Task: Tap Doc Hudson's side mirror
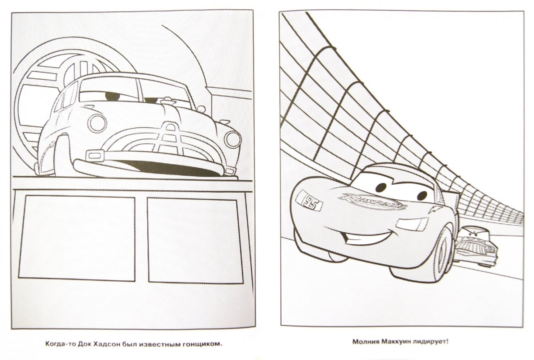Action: coord(201,109)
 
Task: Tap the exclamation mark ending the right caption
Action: coord(448,342)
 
